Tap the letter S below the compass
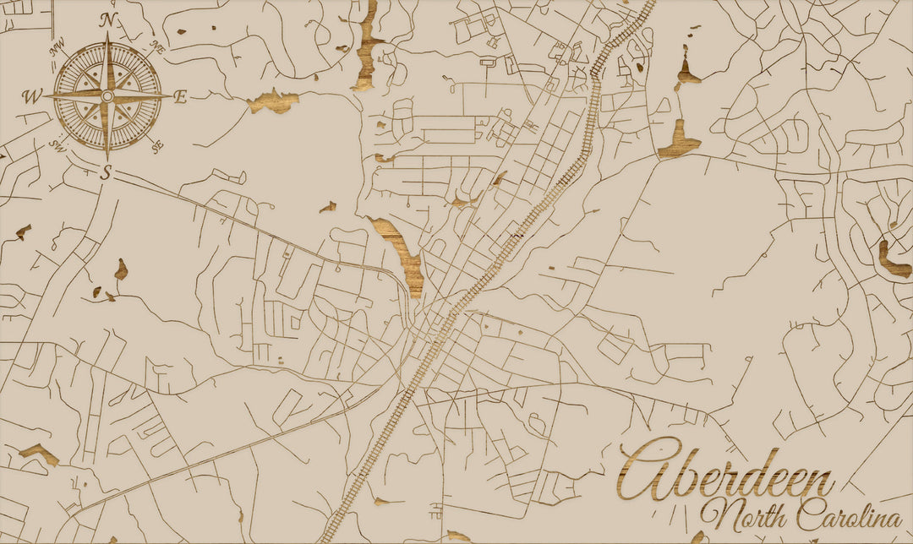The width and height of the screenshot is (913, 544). pos(107,173)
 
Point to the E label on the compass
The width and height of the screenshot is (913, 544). pos(180,97)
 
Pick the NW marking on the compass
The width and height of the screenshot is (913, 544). pos(58,50)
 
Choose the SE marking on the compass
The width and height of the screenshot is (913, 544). pos(158,146)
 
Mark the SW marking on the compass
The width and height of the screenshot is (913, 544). pos(57,145)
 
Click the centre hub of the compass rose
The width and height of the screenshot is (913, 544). pos(107,97)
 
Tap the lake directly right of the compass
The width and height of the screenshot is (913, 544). pos(274,101)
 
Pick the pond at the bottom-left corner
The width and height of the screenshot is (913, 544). pos(39,454)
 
